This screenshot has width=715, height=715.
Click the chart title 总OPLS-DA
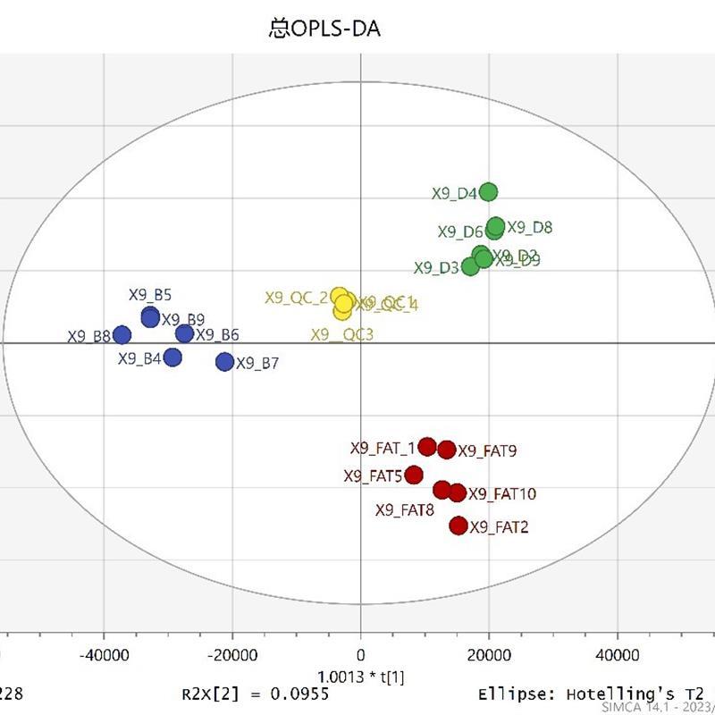(324, 29)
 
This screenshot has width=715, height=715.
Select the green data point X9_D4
(488, 192)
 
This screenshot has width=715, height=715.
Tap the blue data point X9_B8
(122, 335)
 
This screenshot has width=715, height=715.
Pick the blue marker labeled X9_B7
(224, 362)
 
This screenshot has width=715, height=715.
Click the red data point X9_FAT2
(458, 526)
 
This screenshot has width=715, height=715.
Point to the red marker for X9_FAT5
(413, 475)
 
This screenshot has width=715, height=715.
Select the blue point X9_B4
(172, 357)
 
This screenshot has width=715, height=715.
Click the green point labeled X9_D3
(470, 266)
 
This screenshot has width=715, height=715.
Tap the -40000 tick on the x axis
(104, 656)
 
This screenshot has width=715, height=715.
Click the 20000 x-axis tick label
(489, 656)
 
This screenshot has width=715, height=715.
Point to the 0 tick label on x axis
(361, 656)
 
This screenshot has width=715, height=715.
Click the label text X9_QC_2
(296, 298)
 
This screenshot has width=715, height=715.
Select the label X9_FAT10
(502, 494)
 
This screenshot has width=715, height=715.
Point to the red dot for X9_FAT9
(447, 450)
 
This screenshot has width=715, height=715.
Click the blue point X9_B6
(184, 334)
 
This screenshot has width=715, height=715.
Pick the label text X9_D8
(530, 227)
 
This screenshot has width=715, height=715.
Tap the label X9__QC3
(342, 335)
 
